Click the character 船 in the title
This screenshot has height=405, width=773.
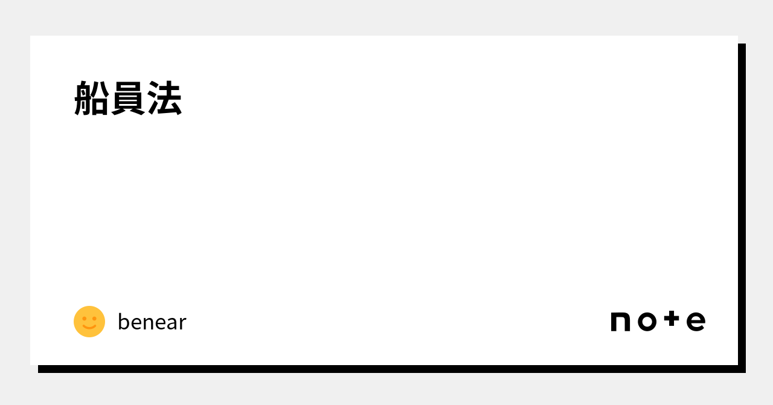(x=92, y=99)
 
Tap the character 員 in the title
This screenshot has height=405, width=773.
(x=128, y=99)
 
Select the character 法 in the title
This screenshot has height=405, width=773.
(x=164, y=99)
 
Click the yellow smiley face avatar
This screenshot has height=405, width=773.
(x=89, y=322)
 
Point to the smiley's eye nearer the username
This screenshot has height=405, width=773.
(x=95, y=318)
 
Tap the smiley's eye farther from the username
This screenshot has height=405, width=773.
(x=84, y=318)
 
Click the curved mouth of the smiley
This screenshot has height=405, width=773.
(x=89, y=328)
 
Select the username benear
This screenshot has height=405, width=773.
(x=152, y=322)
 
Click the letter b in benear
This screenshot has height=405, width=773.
(x=123, y=322)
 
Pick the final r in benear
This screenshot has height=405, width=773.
(x=182, y=324)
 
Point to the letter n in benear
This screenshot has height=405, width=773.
(x=149, y=324)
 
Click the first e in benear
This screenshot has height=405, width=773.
(x=136, y=324)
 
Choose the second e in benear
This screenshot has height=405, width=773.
(x=161, y=324)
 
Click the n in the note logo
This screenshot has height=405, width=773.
(x=620, y=322)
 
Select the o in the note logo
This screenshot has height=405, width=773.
(x=647, y=322)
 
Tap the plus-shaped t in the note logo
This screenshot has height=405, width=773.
(x=672, y=319)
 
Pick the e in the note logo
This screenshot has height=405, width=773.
(x=696, y=322)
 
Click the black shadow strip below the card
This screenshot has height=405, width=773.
(x=386, y=369)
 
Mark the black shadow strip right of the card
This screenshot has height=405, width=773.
(x=742, y=206)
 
